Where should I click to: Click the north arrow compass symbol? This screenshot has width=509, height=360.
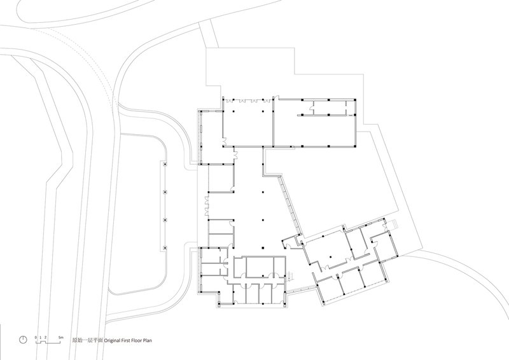23,340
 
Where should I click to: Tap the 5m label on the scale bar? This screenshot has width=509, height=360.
60,338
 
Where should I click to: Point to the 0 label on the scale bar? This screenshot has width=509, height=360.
36,338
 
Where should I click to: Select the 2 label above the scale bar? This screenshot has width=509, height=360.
45,338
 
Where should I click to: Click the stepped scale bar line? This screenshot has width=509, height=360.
50,342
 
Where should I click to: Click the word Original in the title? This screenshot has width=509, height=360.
113,340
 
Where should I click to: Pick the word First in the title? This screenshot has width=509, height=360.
126,340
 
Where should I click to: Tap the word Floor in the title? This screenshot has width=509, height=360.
137,340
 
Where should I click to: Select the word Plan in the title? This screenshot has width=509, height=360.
148,340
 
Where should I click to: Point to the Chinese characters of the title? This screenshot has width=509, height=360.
87,340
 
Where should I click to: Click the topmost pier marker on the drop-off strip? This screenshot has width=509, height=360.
165,165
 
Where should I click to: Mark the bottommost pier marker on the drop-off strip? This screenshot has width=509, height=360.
165,248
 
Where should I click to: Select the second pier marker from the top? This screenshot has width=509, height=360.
165,192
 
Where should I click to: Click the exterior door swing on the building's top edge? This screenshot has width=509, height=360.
277,97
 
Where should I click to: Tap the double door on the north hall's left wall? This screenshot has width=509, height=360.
224,142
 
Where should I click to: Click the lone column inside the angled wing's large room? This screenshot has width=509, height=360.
330,257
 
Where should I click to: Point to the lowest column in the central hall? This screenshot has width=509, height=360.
263,248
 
